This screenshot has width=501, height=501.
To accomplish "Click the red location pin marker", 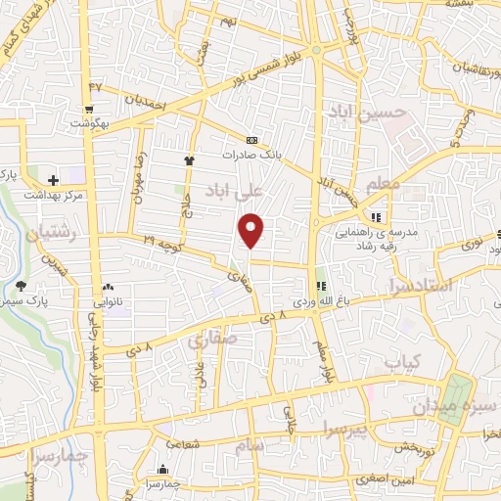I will pyautogui.click(x=252, y=230).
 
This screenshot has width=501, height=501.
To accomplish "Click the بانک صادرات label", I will pyautogui.click(x=258, y=155).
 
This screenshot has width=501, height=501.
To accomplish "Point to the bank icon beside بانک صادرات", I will pyautogui.click(x=252, y=140).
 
